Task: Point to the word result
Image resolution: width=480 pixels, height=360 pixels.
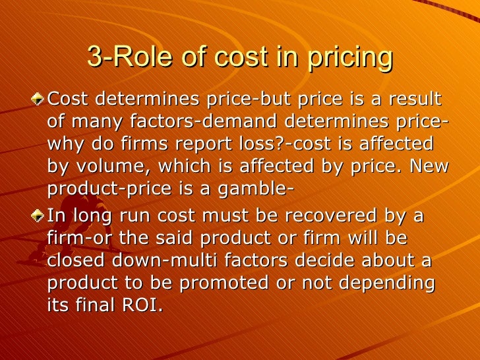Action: (x=413, y=100)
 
